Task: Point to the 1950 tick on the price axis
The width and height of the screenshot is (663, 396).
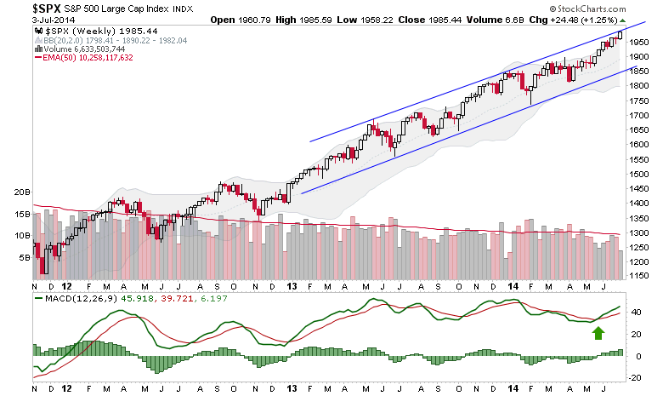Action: pyautogui.click(x=638, y=41)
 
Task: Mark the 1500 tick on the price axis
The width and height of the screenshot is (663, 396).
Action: pyautogui.click(x=638, y=174)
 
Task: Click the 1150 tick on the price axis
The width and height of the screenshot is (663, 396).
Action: pyautogui.click(x=638, y=277)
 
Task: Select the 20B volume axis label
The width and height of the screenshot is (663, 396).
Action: pyautogui.click(x=20, y=193)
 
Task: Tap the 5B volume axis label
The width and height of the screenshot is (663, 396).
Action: pyautogui.click(x=23, y=255)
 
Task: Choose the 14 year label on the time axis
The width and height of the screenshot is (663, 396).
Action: pyautogui.click(x=513, y=287)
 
